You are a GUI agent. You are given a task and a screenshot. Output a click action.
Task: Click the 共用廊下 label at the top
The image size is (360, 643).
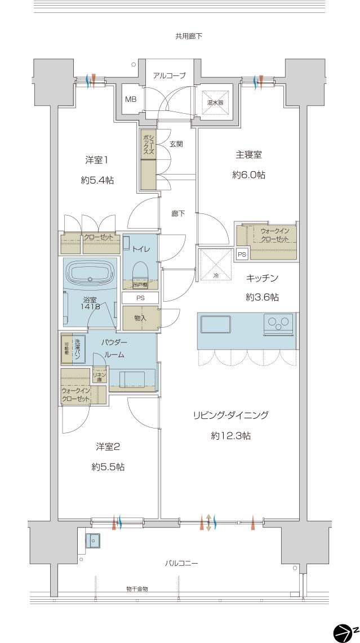point(188,36)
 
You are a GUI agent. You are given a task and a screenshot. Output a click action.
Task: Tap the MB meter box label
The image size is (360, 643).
point(131,100)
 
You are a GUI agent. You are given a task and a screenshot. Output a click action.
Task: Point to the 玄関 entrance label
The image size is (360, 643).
point(176,144)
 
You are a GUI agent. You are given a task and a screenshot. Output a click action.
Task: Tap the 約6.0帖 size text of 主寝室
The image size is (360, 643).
point(248,175)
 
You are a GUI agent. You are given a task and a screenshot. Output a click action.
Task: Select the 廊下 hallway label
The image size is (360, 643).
point(178,213)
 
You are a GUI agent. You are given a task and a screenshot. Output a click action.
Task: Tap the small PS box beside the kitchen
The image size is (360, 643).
point(242,254)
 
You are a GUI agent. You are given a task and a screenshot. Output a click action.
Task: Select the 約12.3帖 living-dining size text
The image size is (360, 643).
point(230,436)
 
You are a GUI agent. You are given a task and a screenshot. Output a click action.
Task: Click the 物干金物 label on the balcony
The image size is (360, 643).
point(137,588)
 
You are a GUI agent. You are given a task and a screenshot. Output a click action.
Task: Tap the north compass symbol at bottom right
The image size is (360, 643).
point(345,632)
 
